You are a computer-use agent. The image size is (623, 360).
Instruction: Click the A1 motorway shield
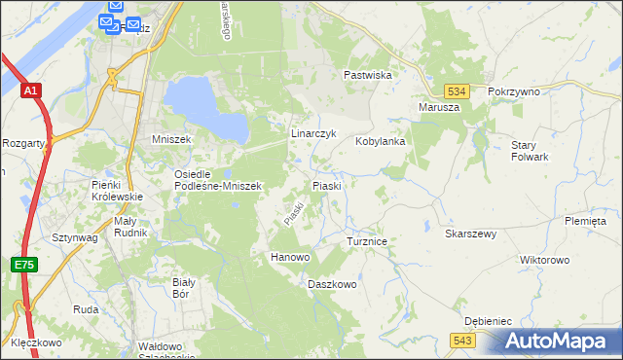click(x=32, y=90)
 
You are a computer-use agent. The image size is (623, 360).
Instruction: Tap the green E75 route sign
click(x=24, y=263)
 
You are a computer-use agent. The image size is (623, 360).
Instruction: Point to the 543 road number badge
click(x=462, y=339)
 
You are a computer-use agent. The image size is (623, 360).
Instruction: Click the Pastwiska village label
click(x=367, y=75)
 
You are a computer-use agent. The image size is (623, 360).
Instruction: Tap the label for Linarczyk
click(x=313, y=132)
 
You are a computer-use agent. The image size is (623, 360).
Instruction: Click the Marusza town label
click(x=438, y=107)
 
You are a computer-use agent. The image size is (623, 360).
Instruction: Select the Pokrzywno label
click(x=514, y=90)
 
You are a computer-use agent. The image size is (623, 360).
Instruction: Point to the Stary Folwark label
click(x=531, y=150)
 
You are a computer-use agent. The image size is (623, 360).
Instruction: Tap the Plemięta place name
click(x=584, y=221)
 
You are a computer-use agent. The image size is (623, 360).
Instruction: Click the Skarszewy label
click(x=471, y=234)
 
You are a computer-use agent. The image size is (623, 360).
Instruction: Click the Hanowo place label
click(x=289, y=257)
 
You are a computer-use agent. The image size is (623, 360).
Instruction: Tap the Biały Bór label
click(x=184, y=287)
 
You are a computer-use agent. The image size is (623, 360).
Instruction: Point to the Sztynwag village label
click(x=74, y=236)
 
